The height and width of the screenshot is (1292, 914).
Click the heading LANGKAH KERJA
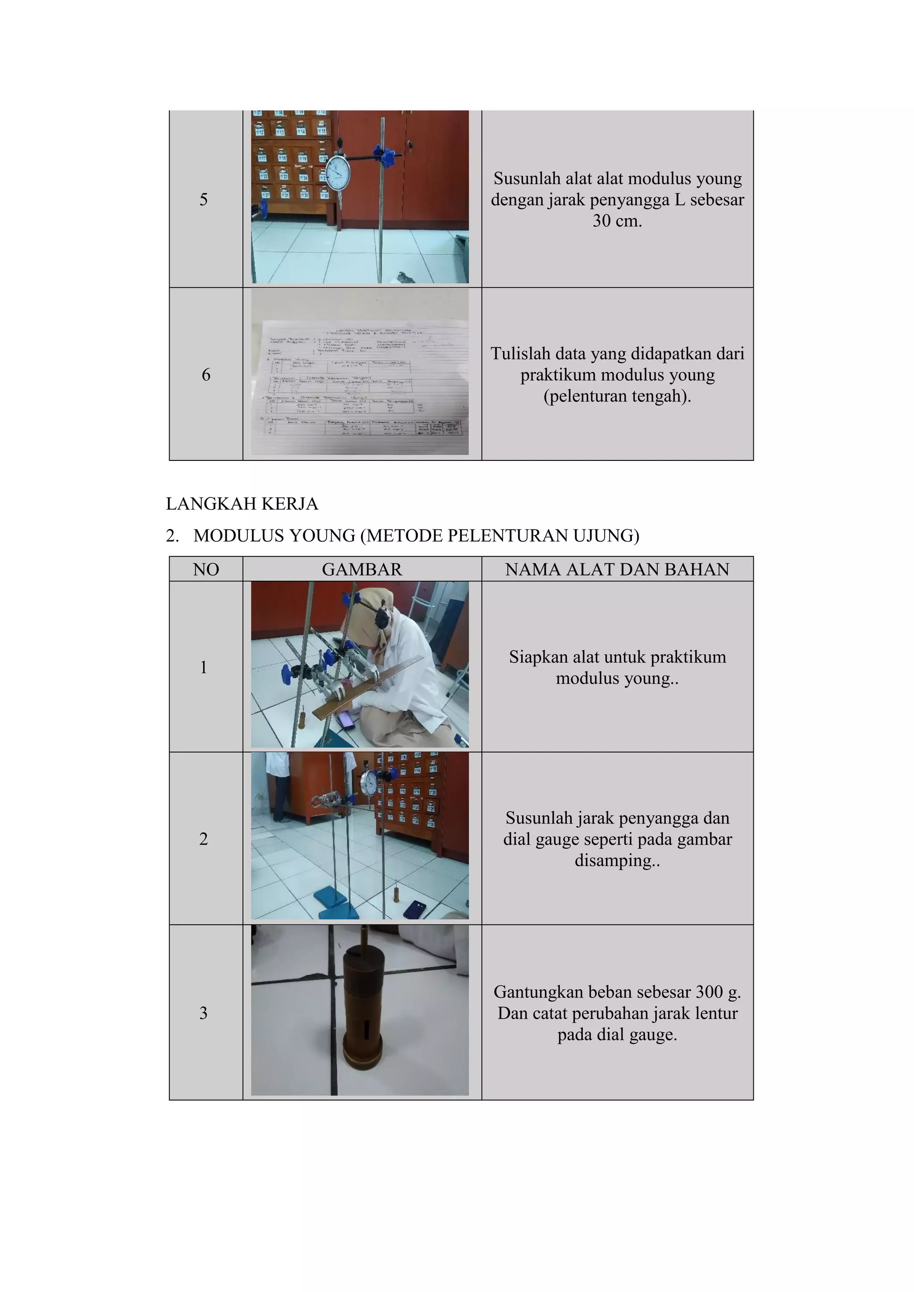[x=242, y=504]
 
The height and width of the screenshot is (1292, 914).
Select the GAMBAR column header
[x=362, y=569]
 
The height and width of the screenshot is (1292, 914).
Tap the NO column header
[x=206, y=569]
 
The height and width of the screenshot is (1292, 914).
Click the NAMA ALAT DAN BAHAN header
[x=617, y=569]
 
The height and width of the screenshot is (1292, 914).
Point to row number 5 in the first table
[x=204, y=199]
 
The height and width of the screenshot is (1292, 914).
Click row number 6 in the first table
[x=206, y=375]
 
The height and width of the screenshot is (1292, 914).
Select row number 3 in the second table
[x=204, y=1013]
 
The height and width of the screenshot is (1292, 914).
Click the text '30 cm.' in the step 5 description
[x=617, y=220]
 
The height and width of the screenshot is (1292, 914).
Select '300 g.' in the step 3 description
[x=718, y=991]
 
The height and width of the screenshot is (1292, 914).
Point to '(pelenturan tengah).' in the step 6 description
[x=617, y=396]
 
